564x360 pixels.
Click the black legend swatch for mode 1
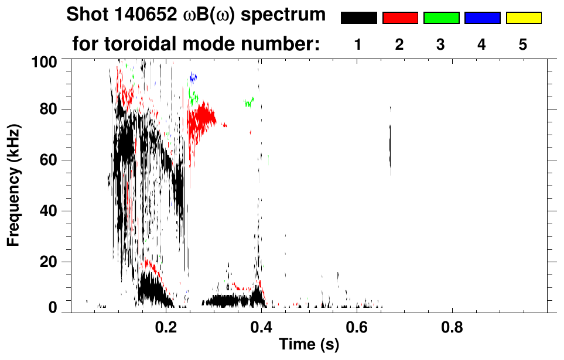[358, 18]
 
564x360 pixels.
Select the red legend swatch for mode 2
[400, 18]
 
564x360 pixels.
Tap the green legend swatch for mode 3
[441, 18]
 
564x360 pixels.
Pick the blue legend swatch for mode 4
[482, 18]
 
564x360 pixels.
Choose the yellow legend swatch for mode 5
[523, 18]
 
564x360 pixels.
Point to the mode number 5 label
[523, 45]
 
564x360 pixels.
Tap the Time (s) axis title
[309, 345]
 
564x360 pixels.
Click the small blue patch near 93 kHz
[193, 77]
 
